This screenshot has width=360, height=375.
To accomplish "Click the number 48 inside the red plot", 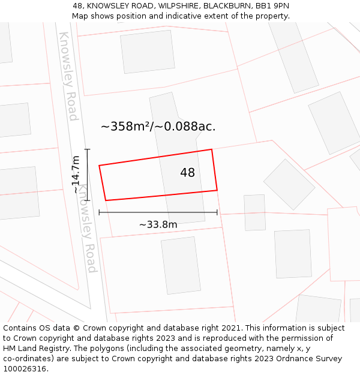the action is [187, 173].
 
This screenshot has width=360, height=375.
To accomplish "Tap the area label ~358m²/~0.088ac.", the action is [158, 127].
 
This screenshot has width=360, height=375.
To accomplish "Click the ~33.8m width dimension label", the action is [158, 225].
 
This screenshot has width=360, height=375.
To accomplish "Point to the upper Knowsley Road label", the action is [68, 76].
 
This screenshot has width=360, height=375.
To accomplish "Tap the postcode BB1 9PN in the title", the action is [273, 6].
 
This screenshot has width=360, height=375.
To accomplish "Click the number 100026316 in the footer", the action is [25, 369].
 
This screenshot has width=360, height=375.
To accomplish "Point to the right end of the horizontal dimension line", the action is [217, 212].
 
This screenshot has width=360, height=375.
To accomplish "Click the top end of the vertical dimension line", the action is [88, 149].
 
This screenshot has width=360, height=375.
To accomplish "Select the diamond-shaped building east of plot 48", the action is [289, 184].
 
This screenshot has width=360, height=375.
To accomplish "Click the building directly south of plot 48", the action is [181, 265].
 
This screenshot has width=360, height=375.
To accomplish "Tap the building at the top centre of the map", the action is [148, 52].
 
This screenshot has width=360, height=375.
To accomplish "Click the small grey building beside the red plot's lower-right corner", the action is [254, 212].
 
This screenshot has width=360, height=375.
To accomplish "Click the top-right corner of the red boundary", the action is [212, 149].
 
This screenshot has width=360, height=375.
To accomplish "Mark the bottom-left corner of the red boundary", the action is [106, 200].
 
